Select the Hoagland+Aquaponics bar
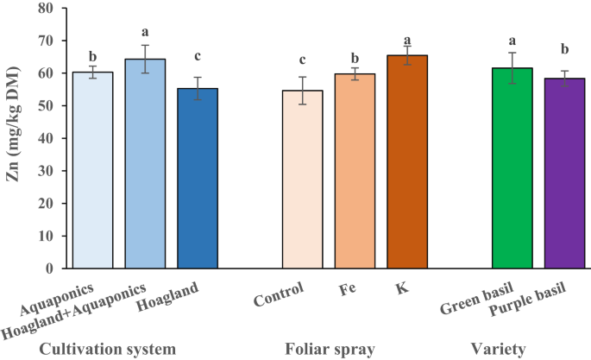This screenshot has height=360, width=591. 145,163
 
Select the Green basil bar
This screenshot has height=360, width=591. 512,167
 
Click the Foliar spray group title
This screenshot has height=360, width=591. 330,349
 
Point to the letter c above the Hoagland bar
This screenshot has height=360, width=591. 198,57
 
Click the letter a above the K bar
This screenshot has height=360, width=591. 407,40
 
